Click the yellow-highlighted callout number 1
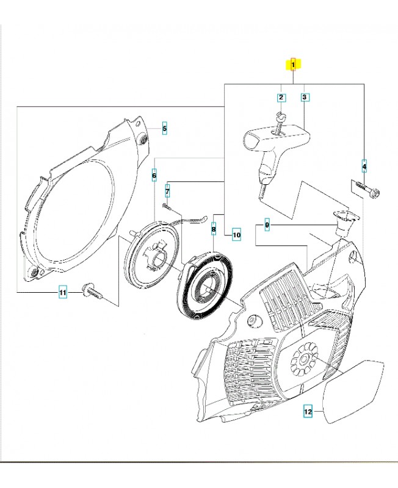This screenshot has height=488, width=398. click(x=294, y=63)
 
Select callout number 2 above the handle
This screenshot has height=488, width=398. click(x=281, y=97)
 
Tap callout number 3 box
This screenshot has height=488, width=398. click(x=304, y=97)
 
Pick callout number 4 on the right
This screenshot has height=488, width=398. click(x=364, y=165)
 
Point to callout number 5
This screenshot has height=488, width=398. click(x=164, y=128)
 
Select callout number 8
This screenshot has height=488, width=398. click(x=214, y=229)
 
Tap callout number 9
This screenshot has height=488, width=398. click(x=267, y=226)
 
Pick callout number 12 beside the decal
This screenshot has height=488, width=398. click(x=308, y=413)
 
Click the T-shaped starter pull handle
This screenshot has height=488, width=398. click(x=273, y=146)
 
